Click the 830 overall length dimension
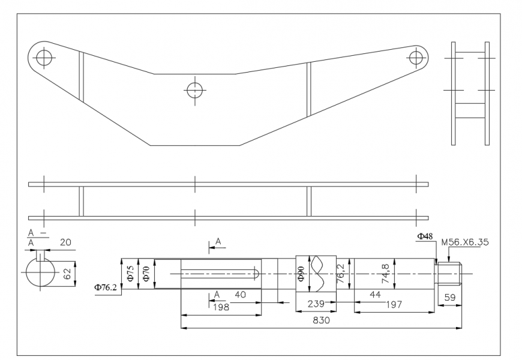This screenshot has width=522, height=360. click(x=322, y=321)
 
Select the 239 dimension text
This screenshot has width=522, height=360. click(x=316, y=304)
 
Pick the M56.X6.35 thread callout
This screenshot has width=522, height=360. click(x=464, y=243)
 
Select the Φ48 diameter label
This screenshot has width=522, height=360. click(x=425, y=236)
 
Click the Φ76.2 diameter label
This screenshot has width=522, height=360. click(x=106, y=288)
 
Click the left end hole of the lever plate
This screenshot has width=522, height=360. click(x=43, y=58)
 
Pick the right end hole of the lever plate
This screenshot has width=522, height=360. click(x=415, y=57)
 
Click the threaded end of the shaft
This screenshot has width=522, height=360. click(x=450, y=274)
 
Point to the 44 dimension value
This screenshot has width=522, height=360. click(x=375, y=295)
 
